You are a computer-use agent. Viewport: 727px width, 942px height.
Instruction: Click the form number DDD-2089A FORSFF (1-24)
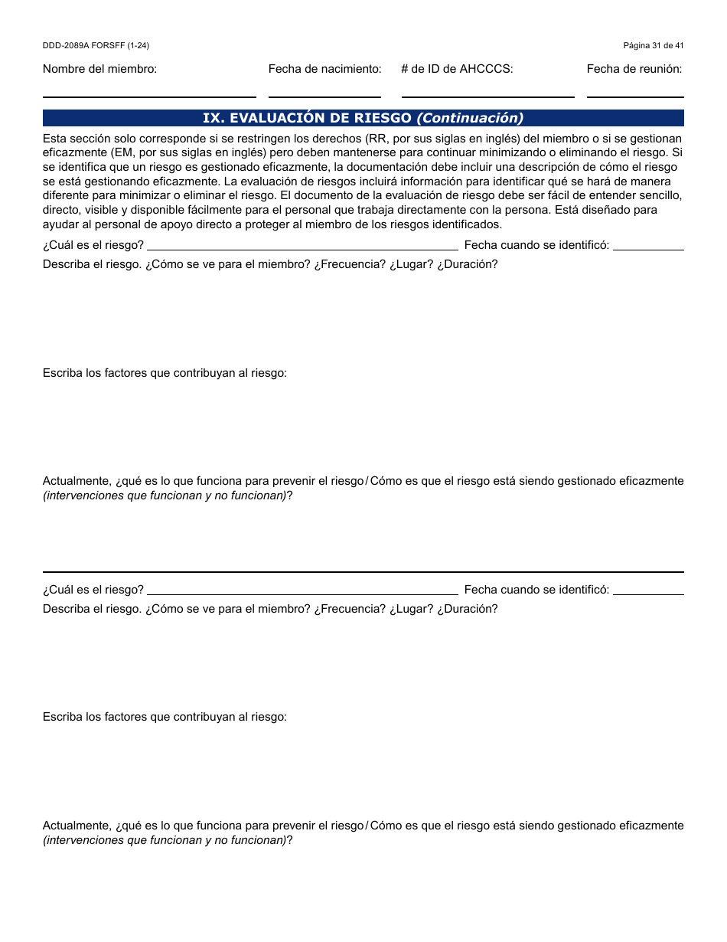(x=96, y=46)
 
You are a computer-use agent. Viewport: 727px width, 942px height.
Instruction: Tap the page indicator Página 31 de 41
(x=654, y=46)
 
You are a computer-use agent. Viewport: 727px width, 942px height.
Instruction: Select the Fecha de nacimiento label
(x=324, y=69)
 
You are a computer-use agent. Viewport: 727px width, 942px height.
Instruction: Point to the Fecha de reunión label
(x=634, y=69)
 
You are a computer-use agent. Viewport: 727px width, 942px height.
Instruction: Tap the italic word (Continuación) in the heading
(x=470, y=118)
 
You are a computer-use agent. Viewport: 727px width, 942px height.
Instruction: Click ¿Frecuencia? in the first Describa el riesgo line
(x=350, y=264)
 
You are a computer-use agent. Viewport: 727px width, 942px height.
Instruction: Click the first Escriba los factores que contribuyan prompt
(x=165, y=373)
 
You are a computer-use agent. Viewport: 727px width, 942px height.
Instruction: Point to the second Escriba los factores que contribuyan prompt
(x=165, y=717)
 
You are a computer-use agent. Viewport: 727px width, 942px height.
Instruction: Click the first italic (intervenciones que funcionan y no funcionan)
(x=165, y=496)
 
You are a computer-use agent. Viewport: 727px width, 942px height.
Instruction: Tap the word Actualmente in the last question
(x=77, y=826)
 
